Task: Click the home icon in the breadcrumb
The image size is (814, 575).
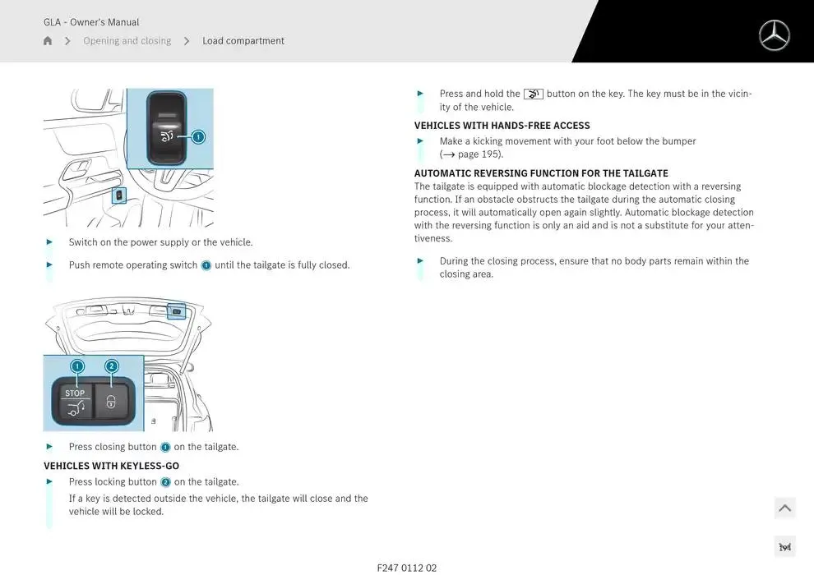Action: (x=48, y=41)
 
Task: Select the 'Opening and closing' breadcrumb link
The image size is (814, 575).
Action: (x=127, y=41)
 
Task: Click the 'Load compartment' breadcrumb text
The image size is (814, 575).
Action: (x=243, y=41)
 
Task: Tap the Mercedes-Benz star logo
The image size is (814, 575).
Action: (x=774, y=36)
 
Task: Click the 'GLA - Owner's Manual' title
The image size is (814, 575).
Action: (x=91, y=22)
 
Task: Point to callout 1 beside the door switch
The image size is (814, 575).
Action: (x=198, y=137)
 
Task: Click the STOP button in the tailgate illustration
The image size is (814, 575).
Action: (x=75, y=402)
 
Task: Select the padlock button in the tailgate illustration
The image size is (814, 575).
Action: (x=111, y=402)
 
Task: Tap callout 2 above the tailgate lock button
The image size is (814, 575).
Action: (x=112, y=366)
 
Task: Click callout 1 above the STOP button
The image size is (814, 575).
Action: (x=77, y=366)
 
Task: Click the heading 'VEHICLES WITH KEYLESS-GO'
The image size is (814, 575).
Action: (x=111, y=466)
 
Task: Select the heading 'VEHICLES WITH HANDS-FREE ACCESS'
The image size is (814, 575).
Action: (x=502, y=126)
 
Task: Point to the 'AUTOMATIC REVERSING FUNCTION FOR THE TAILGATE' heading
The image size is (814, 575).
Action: (x=541, y=173)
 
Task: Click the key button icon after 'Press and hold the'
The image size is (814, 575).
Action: (x=533, y=94)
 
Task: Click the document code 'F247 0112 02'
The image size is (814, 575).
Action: (x=407, y=568)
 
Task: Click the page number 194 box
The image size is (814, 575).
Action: (x=785, y=547)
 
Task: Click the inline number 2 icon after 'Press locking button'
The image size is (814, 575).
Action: (x=165, y=482)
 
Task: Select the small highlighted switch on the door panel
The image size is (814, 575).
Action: (x=119, y=195)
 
